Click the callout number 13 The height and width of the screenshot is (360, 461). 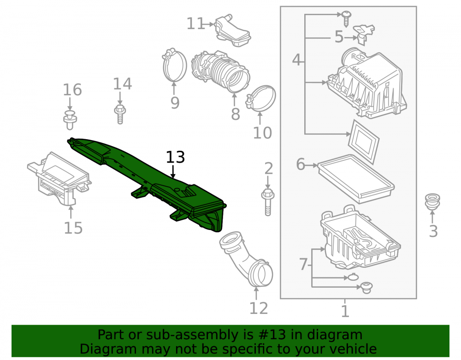click(175, 157)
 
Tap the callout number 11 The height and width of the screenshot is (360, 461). click(195, 24)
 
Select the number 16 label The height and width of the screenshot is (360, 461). click(72, 89)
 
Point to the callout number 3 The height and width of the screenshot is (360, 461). click(433, 231)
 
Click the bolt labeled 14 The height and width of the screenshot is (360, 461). click(120, 114)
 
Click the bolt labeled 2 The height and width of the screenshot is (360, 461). click(267, 202)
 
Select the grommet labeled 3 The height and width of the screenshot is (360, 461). click(432, 201)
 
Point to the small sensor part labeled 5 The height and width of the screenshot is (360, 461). click(364, 34)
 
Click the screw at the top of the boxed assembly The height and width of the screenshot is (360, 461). click(346, 18)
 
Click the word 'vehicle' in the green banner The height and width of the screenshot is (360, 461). click(353, 349)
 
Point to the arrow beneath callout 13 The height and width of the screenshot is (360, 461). click(173, 171)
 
